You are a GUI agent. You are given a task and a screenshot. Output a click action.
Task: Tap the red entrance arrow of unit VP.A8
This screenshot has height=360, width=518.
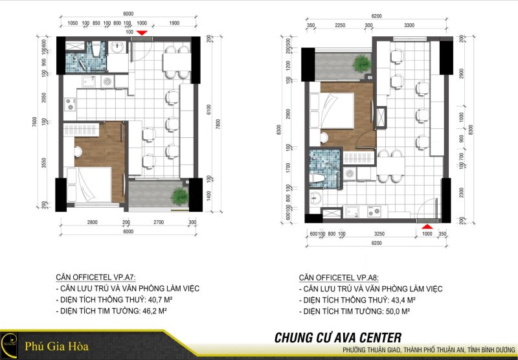(427, 226)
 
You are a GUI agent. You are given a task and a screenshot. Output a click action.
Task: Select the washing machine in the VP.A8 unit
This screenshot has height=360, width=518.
(350, 174)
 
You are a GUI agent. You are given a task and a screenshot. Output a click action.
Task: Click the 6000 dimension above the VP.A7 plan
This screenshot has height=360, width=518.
(128, 14)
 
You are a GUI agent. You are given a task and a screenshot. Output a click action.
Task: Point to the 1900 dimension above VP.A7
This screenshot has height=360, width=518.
(174, 23)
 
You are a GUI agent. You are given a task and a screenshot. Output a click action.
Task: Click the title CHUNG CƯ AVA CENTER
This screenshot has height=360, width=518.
(337, 337)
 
